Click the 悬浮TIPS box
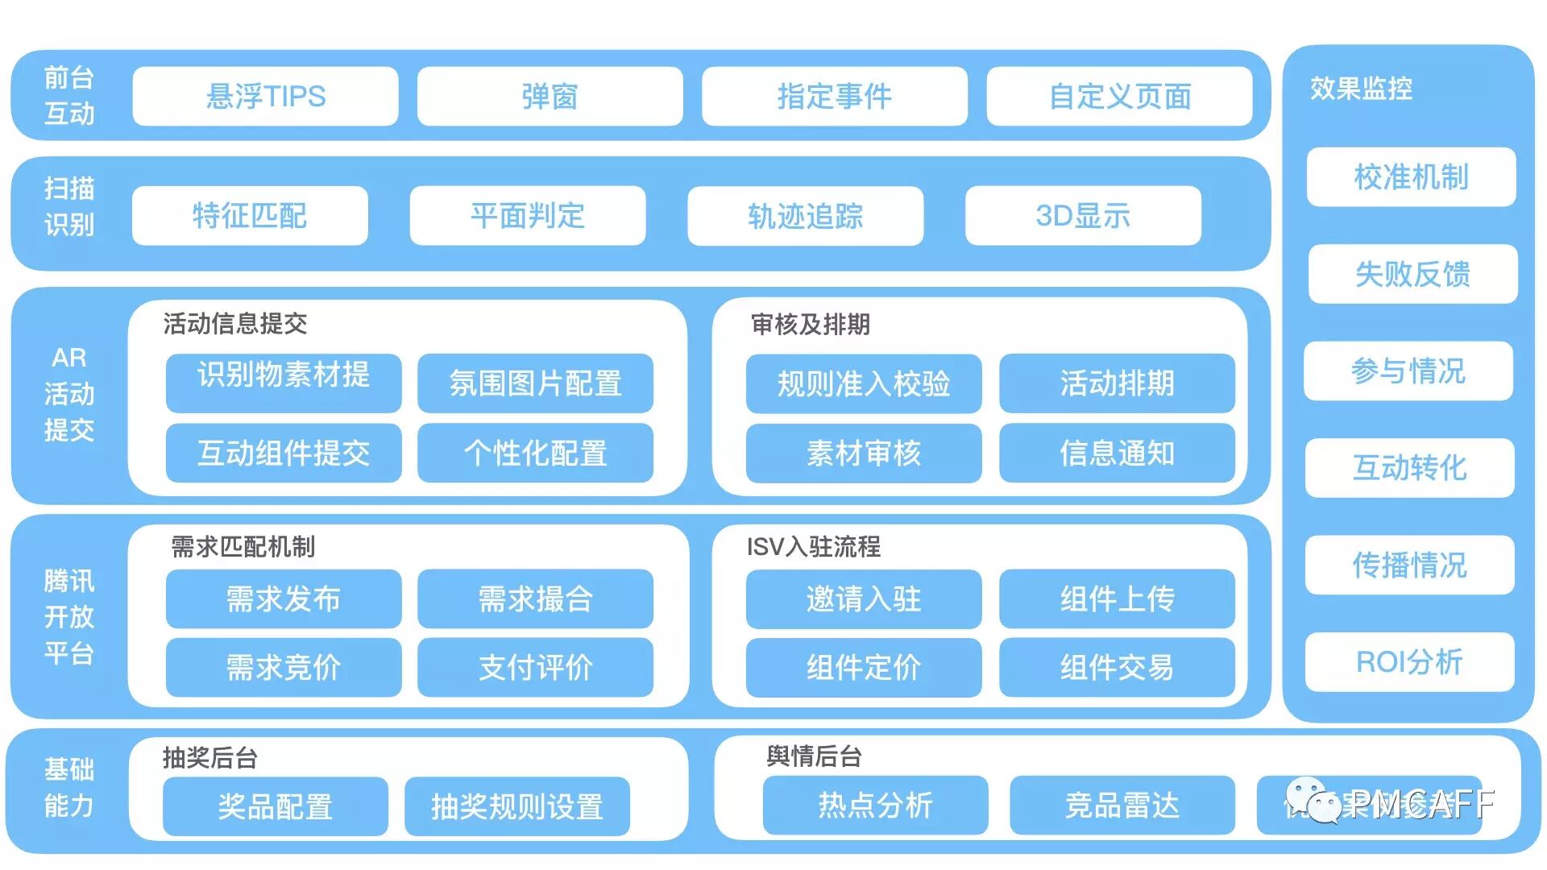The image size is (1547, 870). tap(265, 97)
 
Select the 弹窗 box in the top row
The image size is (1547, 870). tap(550, 97)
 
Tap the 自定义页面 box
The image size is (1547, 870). tap(1119, 97)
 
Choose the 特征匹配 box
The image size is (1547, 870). tap(250, 216)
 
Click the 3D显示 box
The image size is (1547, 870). tap(1083, 216)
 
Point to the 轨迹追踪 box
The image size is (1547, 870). tap(805, 216)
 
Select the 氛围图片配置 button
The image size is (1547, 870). tap(535, 383)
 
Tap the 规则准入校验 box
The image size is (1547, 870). tap(864, 383)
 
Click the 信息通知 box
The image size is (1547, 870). tap(1117, 454)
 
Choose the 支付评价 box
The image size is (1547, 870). tap(535, 668)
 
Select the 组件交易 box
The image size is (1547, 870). tap(1117, 668)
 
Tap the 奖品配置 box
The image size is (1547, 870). tap(275, 806)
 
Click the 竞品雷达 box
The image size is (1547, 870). tap(1122, 806)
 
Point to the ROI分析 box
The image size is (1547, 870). tap(1409, 662)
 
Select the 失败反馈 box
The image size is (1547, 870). tap(1412, 275)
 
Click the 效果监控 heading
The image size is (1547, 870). tap(1361, 89)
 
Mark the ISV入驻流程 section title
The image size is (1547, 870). tap(813, 547)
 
